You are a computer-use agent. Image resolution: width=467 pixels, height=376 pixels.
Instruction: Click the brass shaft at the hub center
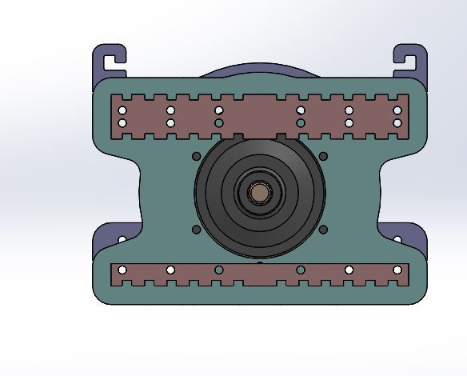tap(259, 193)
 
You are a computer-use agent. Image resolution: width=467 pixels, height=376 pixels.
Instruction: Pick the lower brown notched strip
tap(260, 275)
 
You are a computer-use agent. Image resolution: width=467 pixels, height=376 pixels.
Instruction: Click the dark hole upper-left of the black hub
tap(196, 156)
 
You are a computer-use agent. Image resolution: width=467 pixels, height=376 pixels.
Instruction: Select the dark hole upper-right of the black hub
tap(323, 156)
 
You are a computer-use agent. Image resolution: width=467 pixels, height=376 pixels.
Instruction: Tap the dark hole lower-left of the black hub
tap(196, 230)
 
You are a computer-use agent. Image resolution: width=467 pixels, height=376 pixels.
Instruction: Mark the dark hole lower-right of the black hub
tap(323, 230)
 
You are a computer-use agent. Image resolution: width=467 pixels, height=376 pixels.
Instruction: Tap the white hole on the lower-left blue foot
tap(122, 239)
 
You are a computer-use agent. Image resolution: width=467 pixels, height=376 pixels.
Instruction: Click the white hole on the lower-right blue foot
tap(397, 239)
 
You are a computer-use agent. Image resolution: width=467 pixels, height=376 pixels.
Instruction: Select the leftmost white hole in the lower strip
tap(122, 270)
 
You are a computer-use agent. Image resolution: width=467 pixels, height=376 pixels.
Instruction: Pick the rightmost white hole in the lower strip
tap(397, 270)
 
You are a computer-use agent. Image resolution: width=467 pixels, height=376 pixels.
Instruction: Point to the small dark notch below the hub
tap(260, 262)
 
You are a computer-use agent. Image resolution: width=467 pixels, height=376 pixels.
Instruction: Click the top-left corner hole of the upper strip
tap(122, 110)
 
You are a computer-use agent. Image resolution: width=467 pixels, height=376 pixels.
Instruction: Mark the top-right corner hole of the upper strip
tap(397, 110)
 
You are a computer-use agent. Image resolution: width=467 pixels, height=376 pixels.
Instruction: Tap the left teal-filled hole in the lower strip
tap(219, 270)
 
